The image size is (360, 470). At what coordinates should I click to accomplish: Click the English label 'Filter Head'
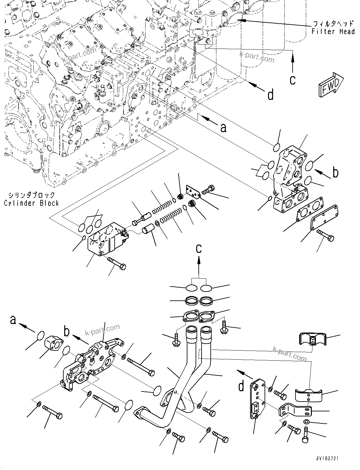(333, 31)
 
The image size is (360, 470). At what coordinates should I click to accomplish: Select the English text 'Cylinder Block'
(31, 203)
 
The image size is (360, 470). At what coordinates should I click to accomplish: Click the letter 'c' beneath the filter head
(293, 79)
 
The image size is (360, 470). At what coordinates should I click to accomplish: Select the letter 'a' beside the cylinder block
(223, 127)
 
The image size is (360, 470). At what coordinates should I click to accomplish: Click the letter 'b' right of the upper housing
(335, 172)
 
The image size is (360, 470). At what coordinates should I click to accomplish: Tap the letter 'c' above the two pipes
(198, 248)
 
